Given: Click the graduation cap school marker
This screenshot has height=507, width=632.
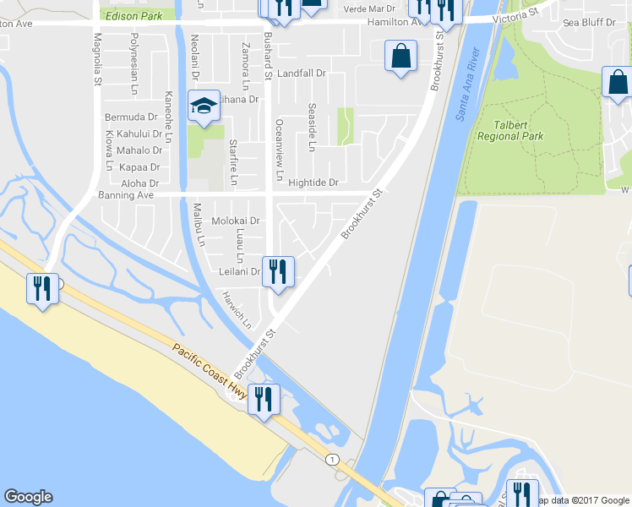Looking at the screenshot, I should pyautogui.click(x=203, y=106).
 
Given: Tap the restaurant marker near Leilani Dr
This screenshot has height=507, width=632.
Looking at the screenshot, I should pyautogui.click(x=278, y=272).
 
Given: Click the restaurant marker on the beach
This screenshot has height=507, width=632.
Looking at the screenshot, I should pyautogui.click(x=41, y=289).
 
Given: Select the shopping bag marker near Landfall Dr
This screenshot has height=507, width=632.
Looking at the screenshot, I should pyautogui.click(x=400, y=57).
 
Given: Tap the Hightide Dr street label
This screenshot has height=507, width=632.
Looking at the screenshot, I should pyautogui.click(x=313, y=183).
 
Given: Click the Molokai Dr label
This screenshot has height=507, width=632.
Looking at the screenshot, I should pyautogui.click(x=234, y=221).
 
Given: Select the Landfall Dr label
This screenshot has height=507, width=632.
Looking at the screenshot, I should pyautogui.click(x=301, y=74).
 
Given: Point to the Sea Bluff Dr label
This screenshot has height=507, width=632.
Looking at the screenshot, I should pyautogui.click(x=589, y=21).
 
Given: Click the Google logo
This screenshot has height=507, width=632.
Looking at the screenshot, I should pyautogui.click(x=28, y=497).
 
